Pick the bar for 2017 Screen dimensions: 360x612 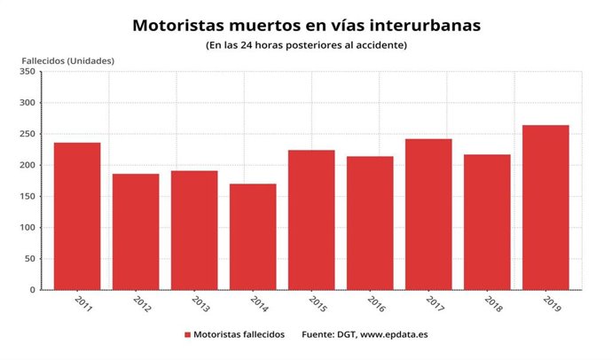tap(428, 214)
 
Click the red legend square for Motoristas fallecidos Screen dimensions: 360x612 tap(188, 335)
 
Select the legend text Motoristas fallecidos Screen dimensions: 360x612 tap(240, 335)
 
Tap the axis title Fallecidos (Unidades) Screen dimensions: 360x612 tap(68, 60)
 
